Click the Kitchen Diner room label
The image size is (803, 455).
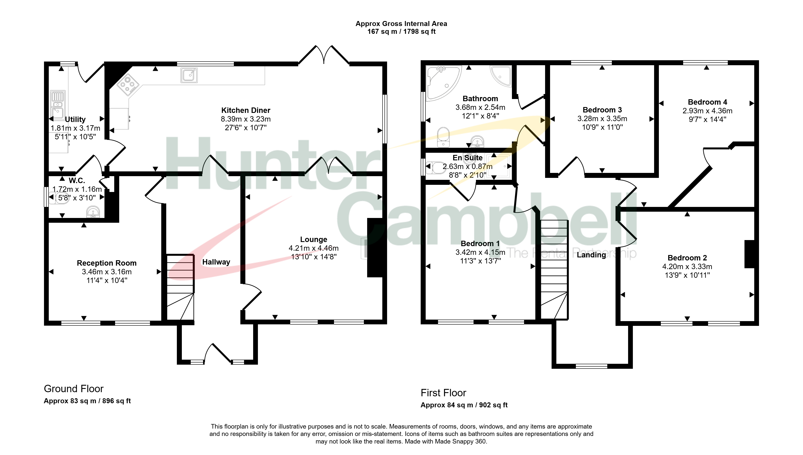[246, 110]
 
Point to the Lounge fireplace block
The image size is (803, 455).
[375, 247]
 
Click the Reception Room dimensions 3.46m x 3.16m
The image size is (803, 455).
[107, 272]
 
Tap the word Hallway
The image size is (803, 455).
[216, 262]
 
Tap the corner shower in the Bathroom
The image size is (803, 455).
[501, 76]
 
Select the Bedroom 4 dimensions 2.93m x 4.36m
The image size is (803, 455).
[707, 111]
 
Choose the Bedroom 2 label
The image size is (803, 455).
[687, 258]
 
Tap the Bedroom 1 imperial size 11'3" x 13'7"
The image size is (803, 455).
[480, 261]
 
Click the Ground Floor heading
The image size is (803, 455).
[73, 389]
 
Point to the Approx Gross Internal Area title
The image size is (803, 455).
[401, 24]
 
